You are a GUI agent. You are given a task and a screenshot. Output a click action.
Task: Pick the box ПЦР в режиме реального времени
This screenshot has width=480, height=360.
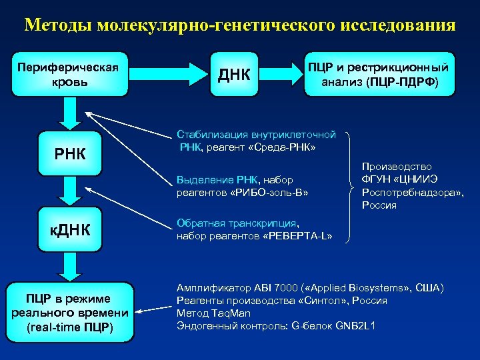click(x=69, y=312)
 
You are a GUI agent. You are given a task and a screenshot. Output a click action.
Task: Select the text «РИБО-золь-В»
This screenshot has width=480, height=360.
click(x=274, y=192)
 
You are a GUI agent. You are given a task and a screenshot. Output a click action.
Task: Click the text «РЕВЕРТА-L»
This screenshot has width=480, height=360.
click(x=297, y=236)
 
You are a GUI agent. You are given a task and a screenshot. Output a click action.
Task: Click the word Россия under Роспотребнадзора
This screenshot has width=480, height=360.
click(x=379, y=205)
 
